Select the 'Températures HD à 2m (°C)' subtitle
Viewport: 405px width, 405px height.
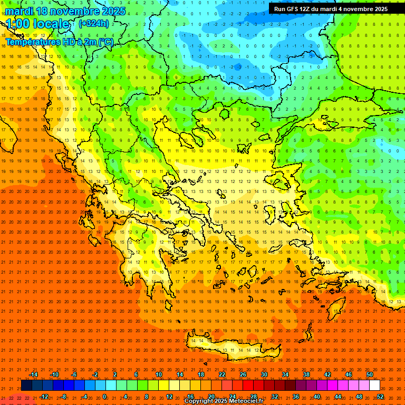(60, 42)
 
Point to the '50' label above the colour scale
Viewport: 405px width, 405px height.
(370, 374)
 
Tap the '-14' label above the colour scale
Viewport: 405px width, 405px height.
(33, 374)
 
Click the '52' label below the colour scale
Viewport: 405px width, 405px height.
(380, 397)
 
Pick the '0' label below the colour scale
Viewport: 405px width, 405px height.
(104, 397)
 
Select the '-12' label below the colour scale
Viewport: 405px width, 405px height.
(44, 397)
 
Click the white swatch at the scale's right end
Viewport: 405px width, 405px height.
(375, 385)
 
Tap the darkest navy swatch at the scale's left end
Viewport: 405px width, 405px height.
(26, 385)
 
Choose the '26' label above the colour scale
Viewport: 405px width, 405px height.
(243, 374)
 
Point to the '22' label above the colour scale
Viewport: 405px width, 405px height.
(222, 374)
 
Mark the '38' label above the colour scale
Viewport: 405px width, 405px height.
(306, 374)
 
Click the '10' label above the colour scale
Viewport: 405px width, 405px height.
(159, 374)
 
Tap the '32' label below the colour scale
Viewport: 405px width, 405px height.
(275, 397)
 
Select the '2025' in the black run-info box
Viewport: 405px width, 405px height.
(379, 9)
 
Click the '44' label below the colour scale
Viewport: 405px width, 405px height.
(338, 397)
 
